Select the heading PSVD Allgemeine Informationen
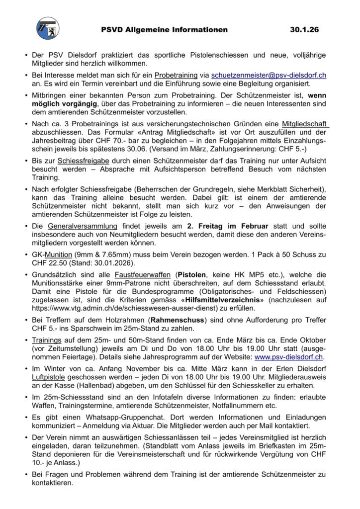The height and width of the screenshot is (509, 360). [164, 30]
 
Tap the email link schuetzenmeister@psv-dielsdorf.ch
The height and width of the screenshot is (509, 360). [269, 75]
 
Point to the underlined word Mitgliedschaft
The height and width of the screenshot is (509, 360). [305, 123]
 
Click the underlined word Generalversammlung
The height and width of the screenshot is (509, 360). [78, 227]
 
